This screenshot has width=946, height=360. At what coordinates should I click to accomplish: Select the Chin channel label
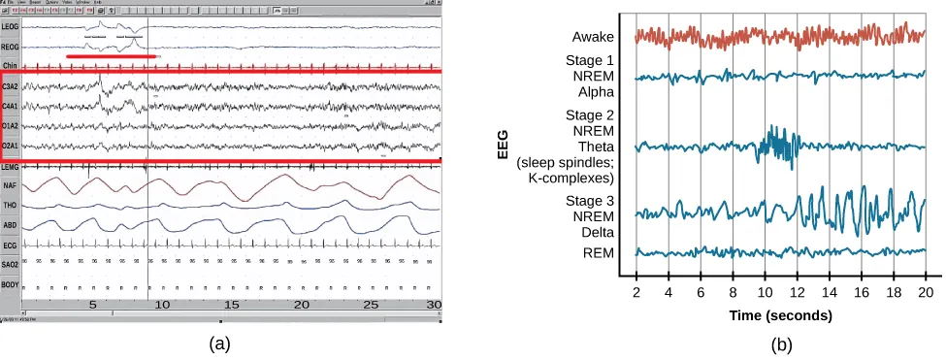click(11, 64)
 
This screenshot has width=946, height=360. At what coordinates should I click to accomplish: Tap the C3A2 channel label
click(11, 87)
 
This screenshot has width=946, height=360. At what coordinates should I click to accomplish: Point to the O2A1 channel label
click(11, 146)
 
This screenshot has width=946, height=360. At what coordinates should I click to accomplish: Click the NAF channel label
click(11, 183)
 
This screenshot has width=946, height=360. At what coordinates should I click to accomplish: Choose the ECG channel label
click(11, 245)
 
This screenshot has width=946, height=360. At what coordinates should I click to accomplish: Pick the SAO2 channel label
click(11, 263)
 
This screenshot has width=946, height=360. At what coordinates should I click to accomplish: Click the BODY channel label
click(11, 284)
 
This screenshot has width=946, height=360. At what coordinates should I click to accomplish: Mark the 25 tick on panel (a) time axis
click(371, 305)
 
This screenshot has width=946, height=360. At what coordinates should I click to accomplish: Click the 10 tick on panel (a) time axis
click(162, 305)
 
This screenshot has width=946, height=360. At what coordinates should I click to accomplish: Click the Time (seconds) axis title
click(781, 315)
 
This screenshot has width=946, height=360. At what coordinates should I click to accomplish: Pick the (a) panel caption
click(220, 343)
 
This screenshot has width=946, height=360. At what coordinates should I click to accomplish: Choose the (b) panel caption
click(781, 344)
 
